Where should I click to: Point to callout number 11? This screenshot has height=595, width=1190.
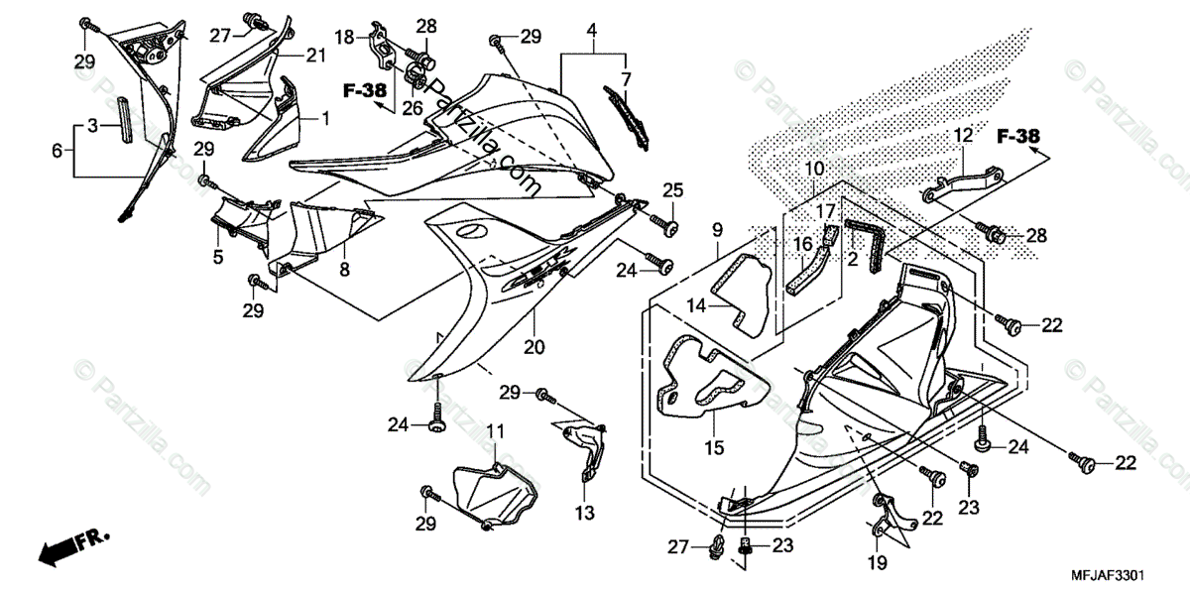494,431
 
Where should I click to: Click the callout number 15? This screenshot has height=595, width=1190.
714,448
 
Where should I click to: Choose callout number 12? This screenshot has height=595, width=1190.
964,136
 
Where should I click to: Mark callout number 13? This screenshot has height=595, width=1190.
585,514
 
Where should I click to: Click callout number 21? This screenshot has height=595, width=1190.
314,57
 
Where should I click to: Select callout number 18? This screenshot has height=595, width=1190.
343,38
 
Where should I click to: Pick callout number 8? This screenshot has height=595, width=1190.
344,269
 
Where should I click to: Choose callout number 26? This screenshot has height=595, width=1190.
412,106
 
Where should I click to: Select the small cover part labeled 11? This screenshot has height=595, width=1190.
493,489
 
